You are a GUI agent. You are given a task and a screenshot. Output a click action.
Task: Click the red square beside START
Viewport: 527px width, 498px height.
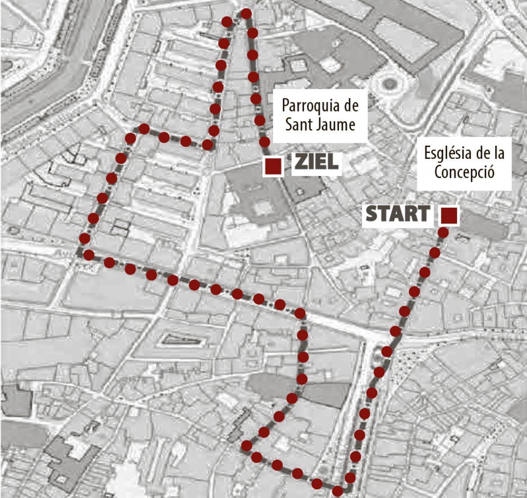pyautogui.click(x=449, y=215)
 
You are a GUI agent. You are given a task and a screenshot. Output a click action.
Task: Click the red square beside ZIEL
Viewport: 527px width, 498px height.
pyautogui.click(x=273, y=166)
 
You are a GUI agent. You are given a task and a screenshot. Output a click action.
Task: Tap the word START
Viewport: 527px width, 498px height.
pyautogui.click(x=397, y=214)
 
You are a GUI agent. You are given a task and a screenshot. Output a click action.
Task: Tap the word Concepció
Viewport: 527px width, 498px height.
pyautogui.click(x=465, y=172)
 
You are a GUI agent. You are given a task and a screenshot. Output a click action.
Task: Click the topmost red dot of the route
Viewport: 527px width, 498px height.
pyautogui.click(x=246, y=14)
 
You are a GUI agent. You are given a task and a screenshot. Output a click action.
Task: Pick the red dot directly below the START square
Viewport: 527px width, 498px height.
pyautogui.click(x=444, y=232)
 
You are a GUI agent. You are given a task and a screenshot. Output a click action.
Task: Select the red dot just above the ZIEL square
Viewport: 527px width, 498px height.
pyautogui.click(x=265, y=141)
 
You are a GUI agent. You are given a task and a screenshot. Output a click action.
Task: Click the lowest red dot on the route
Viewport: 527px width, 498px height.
pyautogui.click(x=337, y=491)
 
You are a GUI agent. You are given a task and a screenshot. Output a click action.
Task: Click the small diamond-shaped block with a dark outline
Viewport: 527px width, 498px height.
pyautogui.click(x=180, y=340)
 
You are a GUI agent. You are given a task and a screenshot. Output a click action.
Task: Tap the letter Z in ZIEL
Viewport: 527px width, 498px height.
pyautogui.click(x=300, y=162)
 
